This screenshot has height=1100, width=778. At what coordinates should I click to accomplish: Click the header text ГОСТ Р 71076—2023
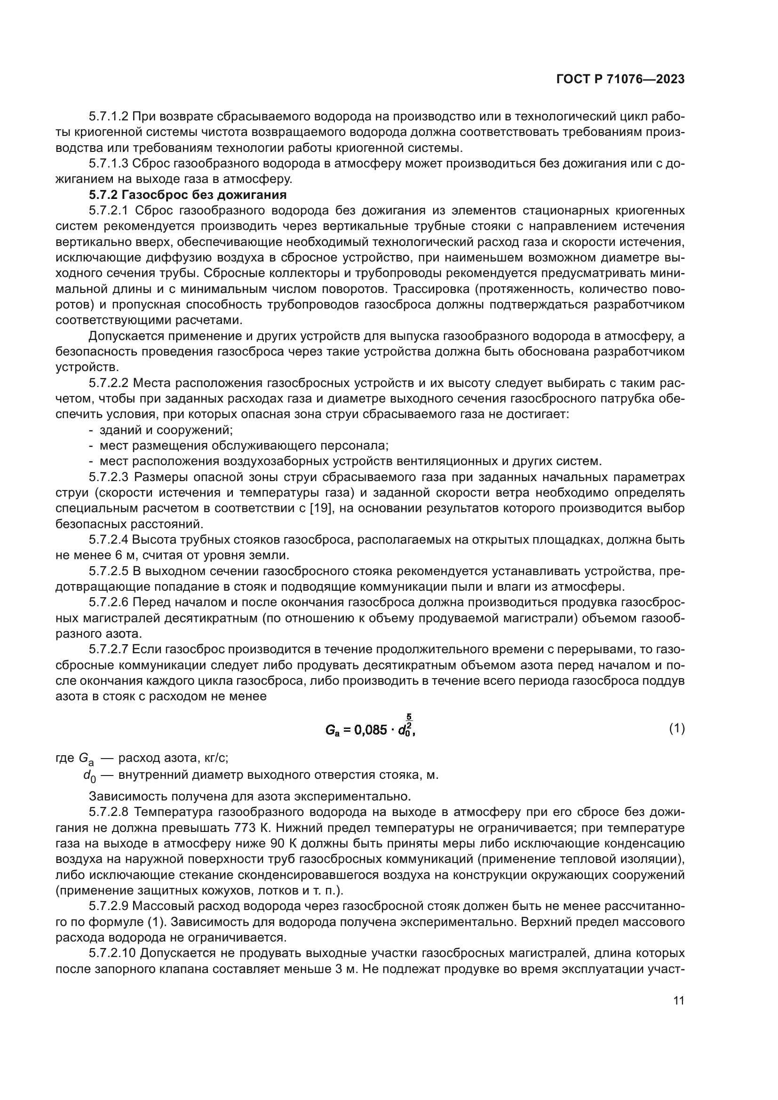coord(620,79)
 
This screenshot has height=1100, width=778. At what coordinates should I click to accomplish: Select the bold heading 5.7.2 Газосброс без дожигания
coord(187,195)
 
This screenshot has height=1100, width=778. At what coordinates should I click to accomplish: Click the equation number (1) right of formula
coord(676,728)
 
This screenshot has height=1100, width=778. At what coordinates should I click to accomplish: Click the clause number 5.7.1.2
coord(108,117)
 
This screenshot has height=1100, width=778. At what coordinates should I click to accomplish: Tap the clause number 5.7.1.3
coord(108,164)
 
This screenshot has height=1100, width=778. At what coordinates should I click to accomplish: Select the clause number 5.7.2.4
coord(108,540)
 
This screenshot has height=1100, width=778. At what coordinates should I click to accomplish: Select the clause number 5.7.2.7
coord(108,650)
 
